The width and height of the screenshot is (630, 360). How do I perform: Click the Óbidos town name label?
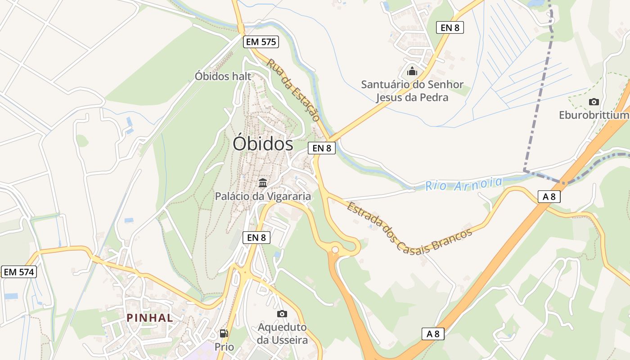pyautogui.click(x=263, y=144)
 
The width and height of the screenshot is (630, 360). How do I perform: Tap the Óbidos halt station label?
pyautogui.click(x=223, y=76)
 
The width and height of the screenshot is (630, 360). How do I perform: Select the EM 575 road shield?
pyautogui.click(x=261, y=42)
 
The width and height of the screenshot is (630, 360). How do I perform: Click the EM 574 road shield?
pyautogui.click(x=19, y=272)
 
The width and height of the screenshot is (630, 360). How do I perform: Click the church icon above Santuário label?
pyautogui.click(x=412, y=71)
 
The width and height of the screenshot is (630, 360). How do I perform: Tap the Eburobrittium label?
pyautogui.click(x=593, y=115)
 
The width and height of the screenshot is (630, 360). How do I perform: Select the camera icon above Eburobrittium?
pyautogui.click(x=594, y=102)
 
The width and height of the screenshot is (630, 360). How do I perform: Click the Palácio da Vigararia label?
pyautogui.click(x=263, y=196)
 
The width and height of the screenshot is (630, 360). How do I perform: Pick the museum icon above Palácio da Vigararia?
pyautogui.click(x=263, y=183)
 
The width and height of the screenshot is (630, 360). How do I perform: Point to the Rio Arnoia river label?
pyautogui.click(x=463, y=184)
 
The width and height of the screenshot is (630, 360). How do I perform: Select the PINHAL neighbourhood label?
pyautogui.click(x=150, y=318)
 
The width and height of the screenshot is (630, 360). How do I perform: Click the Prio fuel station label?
pyautogui.click(x=224, y=347)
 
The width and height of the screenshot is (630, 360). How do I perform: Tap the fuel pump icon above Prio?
pyautogui.click(x=224, y=333)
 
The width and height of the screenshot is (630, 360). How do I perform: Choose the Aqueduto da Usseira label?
pyautogui.click(x=282, y=333)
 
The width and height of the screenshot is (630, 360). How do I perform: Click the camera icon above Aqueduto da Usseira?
pyautogui.click(x=282, y=314)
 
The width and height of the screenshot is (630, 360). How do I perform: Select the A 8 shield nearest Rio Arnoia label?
pyautogui.click(x=549, y=196)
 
